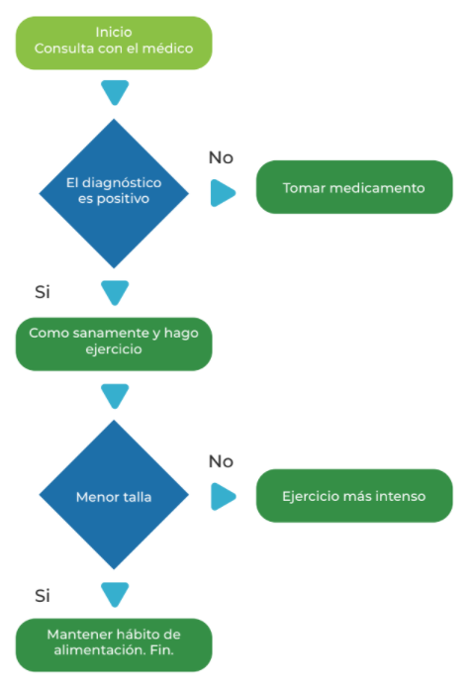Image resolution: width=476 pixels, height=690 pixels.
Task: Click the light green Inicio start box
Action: (x=114, y=44)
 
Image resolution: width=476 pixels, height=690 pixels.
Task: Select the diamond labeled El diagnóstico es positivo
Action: (x=114, y=193)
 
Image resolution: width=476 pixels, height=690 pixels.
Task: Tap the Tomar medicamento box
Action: (x=354, y=187)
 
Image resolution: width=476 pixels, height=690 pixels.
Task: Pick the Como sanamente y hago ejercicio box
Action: (x=114, y=345)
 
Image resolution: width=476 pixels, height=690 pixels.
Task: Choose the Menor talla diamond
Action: (x=114, y=495)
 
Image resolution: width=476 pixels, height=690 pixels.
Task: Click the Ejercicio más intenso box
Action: (x=354, y=496)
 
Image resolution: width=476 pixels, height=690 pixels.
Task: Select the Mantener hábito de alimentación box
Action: (x=114, y=645)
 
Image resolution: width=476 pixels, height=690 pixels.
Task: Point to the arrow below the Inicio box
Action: (x=115, y=92)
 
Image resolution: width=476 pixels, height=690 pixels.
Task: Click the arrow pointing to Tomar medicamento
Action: (x=223, y=193)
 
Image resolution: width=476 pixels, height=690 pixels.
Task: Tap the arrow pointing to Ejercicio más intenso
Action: (x=223, y=496)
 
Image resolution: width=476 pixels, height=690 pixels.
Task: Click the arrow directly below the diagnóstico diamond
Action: (x=115, y=293)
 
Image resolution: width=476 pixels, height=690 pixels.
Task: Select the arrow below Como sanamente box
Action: (x=115, y=396)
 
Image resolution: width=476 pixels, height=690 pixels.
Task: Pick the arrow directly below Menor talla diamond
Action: (x=115, y=595)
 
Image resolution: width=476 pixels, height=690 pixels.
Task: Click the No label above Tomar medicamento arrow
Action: (x=221, y=157)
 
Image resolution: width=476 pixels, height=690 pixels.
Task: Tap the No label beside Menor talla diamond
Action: (x=221, y=461)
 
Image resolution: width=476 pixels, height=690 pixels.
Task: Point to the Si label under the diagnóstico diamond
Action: (x=43, y=292)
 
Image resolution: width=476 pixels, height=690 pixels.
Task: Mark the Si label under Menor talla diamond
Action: (x=43, y=596)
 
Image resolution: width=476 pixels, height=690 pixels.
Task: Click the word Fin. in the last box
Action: (x=162, y=650)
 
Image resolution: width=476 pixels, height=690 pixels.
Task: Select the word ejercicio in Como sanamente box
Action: (x=114, y=349)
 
